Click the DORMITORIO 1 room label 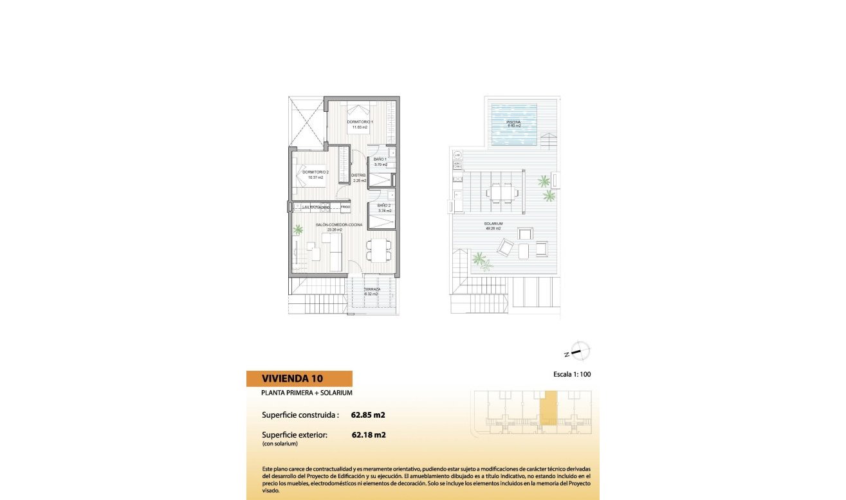(x=360, y=122)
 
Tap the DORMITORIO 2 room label (x=315, y=172)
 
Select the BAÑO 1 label (x=380, y=159)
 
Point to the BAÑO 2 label (x=384, y=206)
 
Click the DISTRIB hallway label (x=358, y=175)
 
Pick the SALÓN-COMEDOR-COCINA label (x=339, y=225)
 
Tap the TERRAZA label (x=372, y=290)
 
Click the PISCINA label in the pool (x=513, y=122)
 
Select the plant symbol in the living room (x=298, y=229)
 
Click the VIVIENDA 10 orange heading (x=299, y=378)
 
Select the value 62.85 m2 (x=368, y=415)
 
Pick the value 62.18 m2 (x=369, y=434)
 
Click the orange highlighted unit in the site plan (x=547, y=407)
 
